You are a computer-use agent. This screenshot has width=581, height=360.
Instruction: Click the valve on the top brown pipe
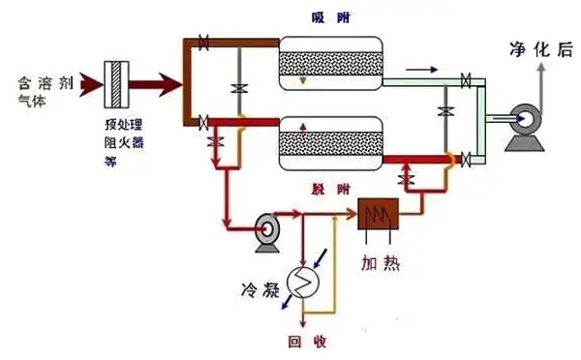point(203,42)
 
